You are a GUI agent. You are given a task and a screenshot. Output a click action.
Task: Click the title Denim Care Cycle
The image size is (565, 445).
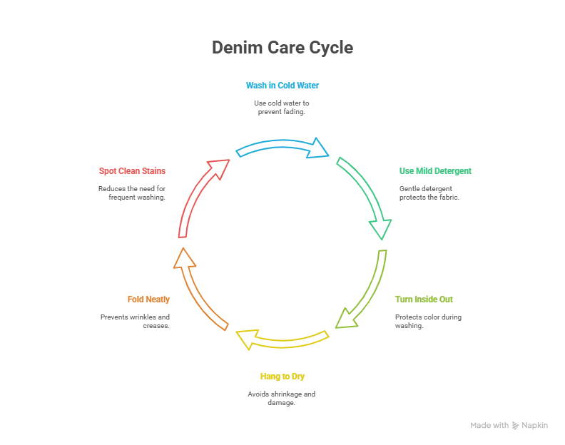click(x=282, y=48)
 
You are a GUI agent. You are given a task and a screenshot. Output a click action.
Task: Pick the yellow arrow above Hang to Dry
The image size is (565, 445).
click(x=282, y=338)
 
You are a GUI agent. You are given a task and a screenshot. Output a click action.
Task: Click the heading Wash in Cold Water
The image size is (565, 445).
click(x=282, y=86)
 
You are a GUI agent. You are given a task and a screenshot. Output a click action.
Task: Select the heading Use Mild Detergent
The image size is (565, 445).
click(x=435, y=171)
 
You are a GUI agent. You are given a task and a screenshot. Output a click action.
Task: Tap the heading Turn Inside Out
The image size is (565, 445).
click(x=424, y=300)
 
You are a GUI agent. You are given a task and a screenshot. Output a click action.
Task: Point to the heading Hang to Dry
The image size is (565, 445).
click(x=282, y=377)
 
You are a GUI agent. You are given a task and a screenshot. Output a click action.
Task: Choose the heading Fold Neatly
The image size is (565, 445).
click(x=148, y=300)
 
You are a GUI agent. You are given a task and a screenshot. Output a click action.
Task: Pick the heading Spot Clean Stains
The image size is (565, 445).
click(x=132, y=171)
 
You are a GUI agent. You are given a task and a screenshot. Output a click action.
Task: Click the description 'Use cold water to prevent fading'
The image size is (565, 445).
click(x=282, y=108)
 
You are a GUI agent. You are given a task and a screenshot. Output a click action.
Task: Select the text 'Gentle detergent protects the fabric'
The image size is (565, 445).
click(x=429, y=193)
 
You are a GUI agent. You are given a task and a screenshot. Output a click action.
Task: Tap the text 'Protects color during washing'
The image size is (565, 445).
click(x=428, y=321)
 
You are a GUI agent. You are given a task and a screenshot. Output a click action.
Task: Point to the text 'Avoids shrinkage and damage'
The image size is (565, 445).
click(x=282, y=398)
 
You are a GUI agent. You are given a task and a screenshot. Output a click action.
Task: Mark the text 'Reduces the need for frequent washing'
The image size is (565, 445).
click(x=132, y=193)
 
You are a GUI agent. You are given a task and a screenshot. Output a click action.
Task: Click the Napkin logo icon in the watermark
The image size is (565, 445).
click(x=516, y=426)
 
